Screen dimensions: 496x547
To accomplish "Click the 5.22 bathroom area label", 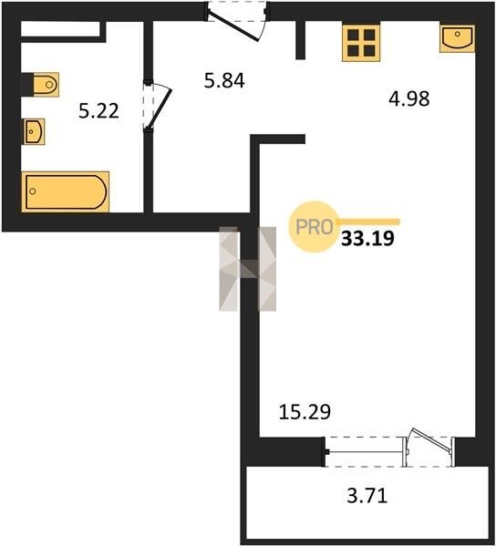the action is tap(98, 111).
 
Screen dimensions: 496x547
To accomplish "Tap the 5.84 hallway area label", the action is tap(224, 80).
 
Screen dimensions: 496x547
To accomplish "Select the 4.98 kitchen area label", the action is tap(409, 98).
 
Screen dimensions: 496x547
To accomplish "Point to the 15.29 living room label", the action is tap(305, 412).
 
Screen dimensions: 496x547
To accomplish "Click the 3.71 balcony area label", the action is tap(367, 495).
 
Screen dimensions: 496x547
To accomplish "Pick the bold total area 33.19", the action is tap(367, 239).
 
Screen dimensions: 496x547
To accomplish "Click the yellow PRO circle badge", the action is tap(314, 227).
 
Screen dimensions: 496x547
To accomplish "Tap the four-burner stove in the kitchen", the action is tap(361, 43).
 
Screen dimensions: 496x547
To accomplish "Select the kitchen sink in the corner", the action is tap(458, 38).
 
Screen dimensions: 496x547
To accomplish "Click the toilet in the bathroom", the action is tap(46, 85).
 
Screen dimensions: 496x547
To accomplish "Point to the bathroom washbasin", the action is tap(34, 131).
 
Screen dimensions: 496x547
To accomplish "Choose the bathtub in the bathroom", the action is tap(66, 191).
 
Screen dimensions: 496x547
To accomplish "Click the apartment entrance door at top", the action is tap(237, 21).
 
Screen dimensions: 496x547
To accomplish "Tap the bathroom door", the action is tap(157, 106).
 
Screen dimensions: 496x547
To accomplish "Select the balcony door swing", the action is tap(429, 447).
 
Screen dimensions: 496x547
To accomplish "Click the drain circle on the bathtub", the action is tap(33, 191).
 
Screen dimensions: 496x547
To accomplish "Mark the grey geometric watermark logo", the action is tap(247, 269).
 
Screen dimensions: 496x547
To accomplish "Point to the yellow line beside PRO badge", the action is tap(367, 222).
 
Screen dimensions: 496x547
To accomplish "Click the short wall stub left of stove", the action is tap(300, 40).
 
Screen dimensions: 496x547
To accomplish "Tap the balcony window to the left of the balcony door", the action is tap(365, 452).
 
